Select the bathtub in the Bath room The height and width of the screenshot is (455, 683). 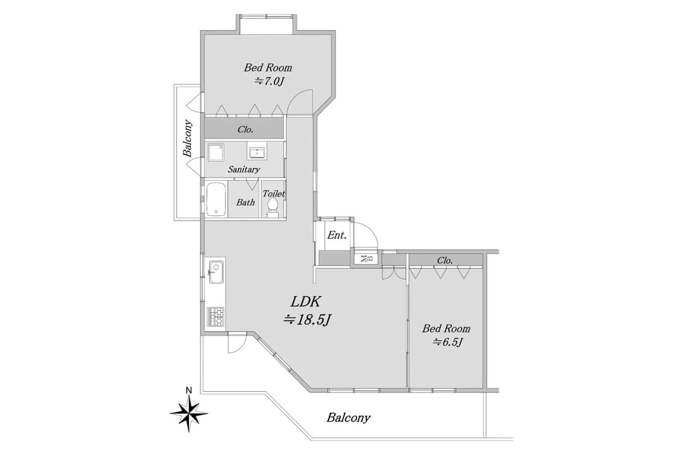click(216, 200)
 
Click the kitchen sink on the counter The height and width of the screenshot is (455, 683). click(216, 274)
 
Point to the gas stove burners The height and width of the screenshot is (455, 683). click(216, 316)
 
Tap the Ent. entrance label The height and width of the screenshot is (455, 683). click(337, 235)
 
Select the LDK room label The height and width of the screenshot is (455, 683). click(307, 301)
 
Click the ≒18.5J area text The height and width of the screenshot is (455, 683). click(308, 320)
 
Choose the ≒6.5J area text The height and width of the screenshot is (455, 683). click(448, 342)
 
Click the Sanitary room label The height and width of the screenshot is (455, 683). click(243, 169)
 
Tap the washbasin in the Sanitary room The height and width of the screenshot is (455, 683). click(257, 152)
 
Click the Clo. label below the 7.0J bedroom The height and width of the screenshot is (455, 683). click(245, 130)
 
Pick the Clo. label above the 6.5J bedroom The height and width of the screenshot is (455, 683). click(445, 260)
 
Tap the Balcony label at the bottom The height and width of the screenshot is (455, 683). click(348, 418)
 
